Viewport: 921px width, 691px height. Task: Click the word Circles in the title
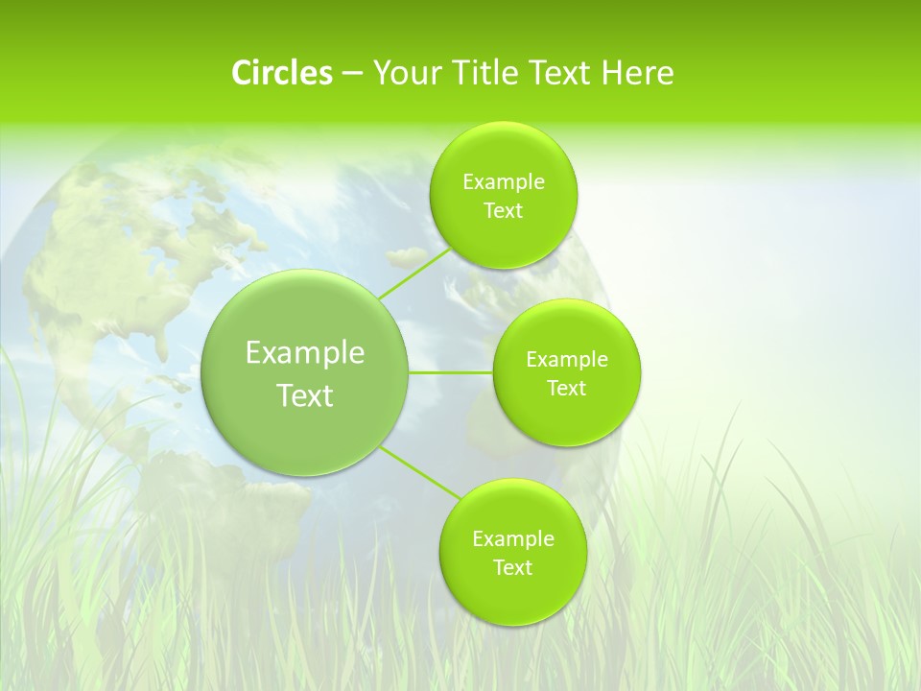click(x=281, y=73)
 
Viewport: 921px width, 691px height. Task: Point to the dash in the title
click(x=351, y=74)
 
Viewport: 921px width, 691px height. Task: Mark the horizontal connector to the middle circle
click(x=451, y=372)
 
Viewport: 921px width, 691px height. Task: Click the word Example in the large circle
click(x=305, y=353)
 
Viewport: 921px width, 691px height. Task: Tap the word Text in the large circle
click(x=305, y=395)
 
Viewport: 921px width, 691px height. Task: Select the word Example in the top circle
click(x=504, y=182)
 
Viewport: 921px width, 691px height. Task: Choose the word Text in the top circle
click(x=503, y=211)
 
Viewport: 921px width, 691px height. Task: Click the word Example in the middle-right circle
click(x=567, y=360)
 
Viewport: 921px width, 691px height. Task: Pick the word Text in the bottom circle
click(x=512, y=567)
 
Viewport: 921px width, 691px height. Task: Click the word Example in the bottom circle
click(x=513, y=539)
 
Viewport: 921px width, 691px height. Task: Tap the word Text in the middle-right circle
click(x=566, y=389)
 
